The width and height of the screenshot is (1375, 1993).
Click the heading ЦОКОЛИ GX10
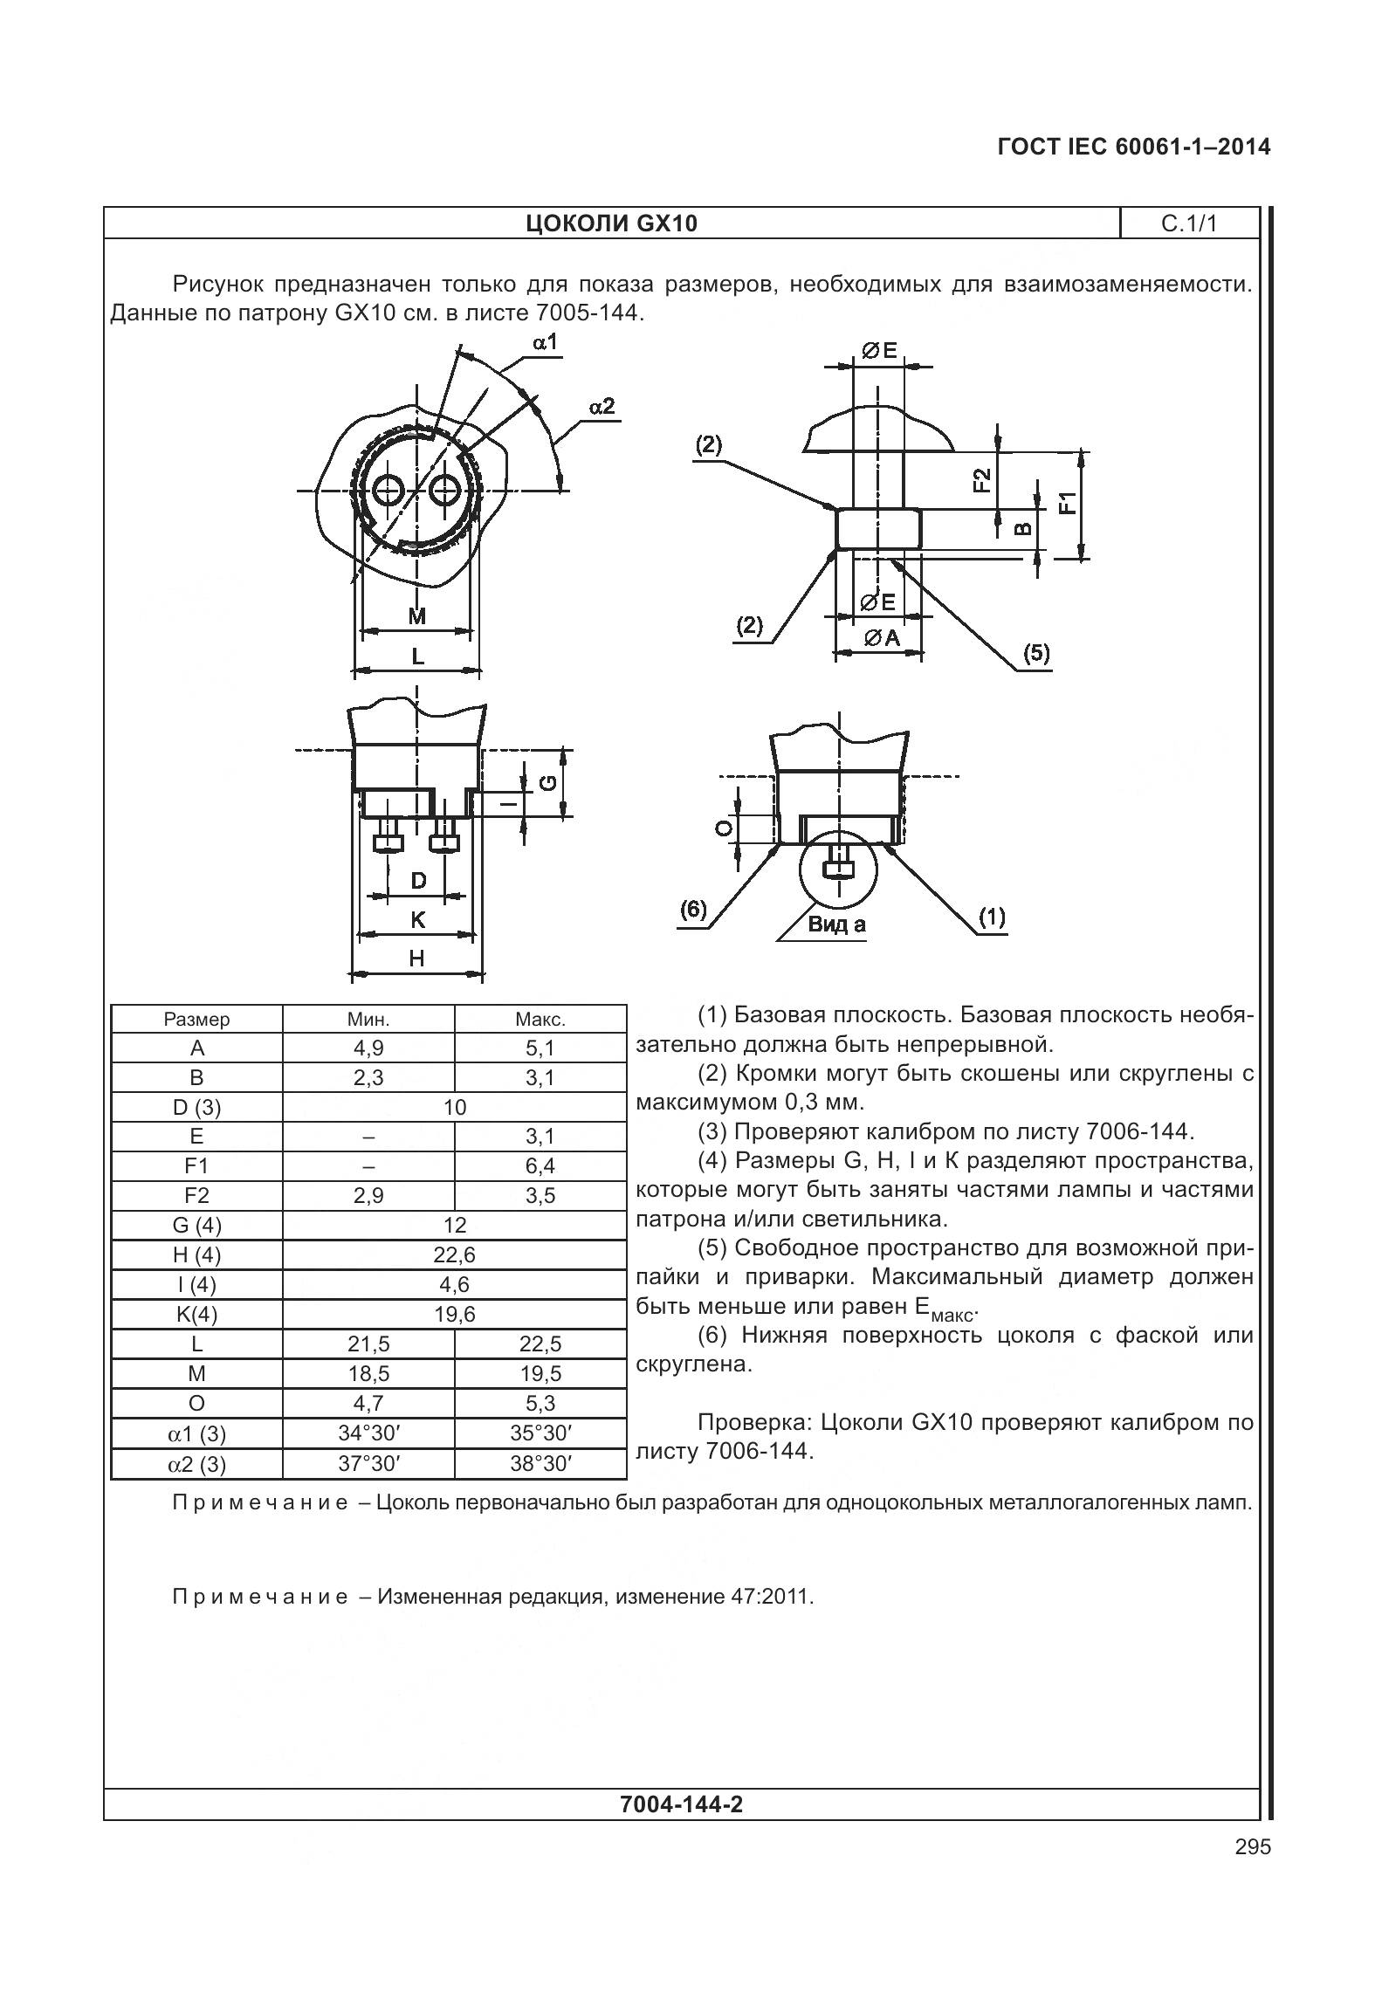pyautogui.click(x=611, y=224)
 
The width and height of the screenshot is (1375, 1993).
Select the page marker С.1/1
pyautogui.click(x=1188, y=223)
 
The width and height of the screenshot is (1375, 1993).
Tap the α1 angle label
pyautogui.click(x=545, y=342)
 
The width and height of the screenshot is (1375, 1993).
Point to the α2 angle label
pyautogui.click(x=602, y=406)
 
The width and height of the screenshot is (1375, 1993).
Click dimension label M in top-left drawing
pyautogui.click(x=417, y=616)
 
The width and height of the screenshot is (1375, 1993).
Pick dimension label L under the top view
pyautogui.click(x=417, y=656)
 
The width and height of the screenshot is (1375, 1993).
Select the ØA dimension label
pyautogui.click(x=882, y=638)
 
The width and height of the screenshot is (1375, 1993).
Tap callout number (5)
pyautogui.click(x=1036, y=653)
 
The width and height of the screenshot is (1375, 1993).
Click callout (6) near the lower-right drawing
pyautogui.click(x=693, y=910)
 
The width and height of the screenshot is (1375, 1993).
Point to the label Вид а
pyautogui.click(x=836, y=925)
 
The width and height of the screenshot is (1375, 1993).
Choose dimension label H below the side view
pyautogui.click(x=416, y=959)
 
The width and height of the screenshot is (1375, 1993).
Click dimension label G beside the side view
pyautogui.click(x=548, y=782)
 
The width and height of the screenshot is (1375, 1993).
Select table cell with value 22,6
pyautogui.click(x=454, y=1255)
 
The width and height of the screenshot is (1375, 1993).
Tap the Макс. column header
pyautogui.click(x=540, y=1020)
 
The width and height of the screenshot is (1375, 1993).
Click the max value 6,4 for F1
pyautogui.click(x=540, y=1166)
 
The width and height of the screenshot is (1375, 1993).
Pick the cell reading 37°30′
pyautogui.click(x=368, y=1464)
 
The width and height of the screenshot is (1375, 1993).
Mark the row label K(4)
pyautogui.click(x=196, y=1315)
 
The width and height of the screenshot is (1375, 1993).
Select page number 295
pyautogui.click(x=1253, y=1847)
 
